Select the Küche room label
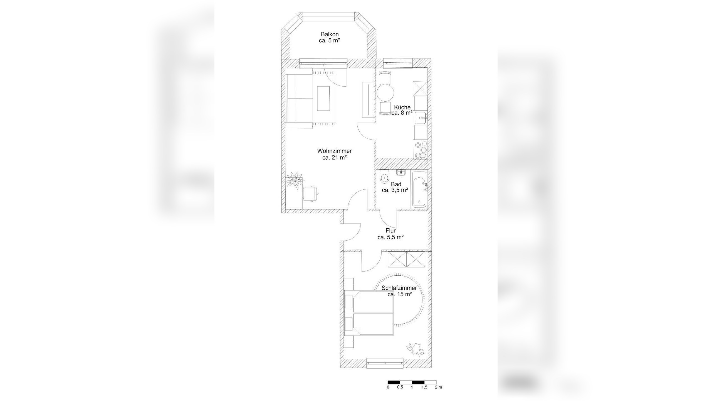click(402, 107)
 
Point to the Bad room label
click(396, 184)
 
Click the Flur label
click(390, 231)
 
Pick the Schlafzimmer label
click(399, 288)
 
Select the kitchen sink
click(420, 118)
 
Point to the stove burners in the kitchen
click(420, 150)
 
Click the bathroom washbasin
click(400, 173)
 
